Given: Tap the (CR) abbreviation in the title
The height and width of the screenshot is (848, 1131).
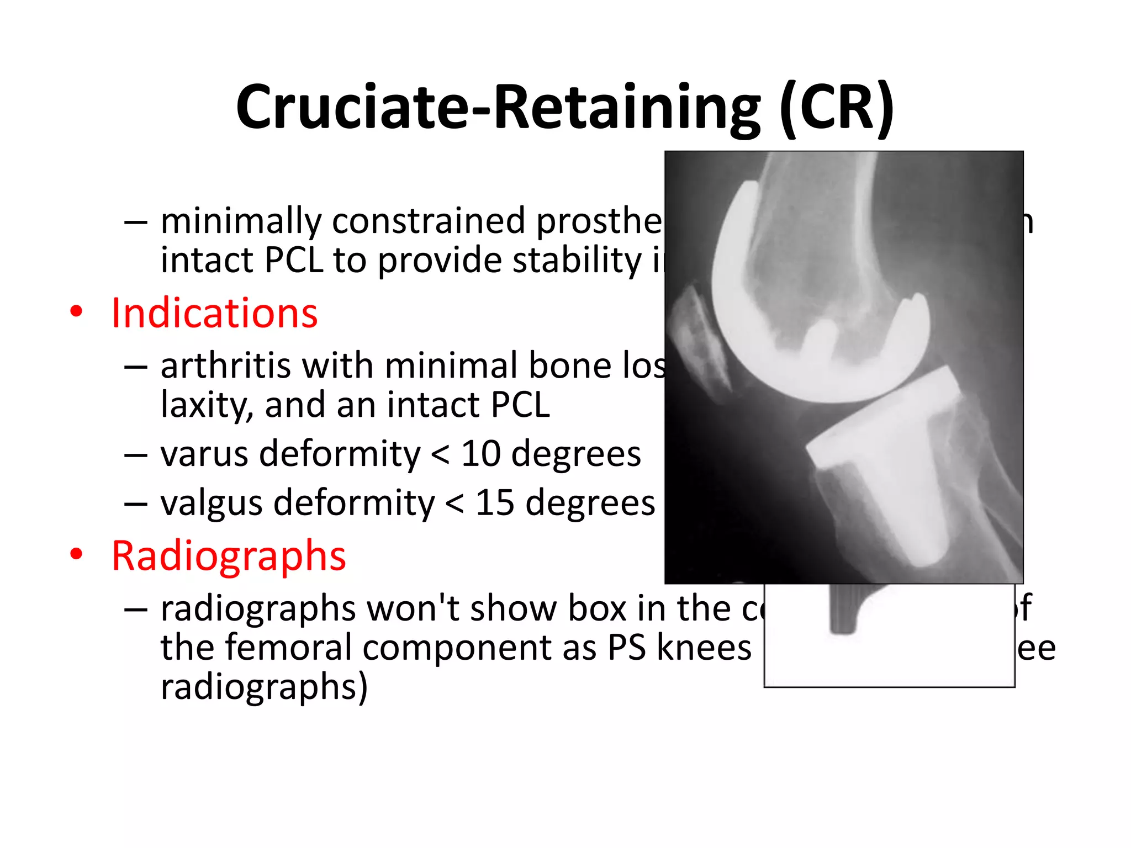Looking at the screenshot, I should point(837,108).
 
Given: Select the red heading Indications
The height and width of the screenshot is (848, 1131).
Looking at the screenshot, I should point(214,313).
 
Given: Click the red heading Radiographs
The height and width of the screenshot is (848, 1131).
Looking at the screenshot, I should point(229,555).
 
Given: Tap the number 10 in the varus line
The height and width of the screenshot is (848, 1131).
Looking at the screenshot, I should point(480,454).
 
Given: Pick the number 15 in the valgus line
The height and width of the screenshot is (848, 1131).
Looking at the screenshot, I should point(495,503).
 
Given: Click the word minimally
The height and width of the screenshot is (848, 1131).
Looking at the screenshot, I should point(241,221).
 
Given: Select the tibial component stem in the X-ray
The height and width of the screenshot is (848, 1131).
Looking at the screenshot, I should point(906,513).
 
